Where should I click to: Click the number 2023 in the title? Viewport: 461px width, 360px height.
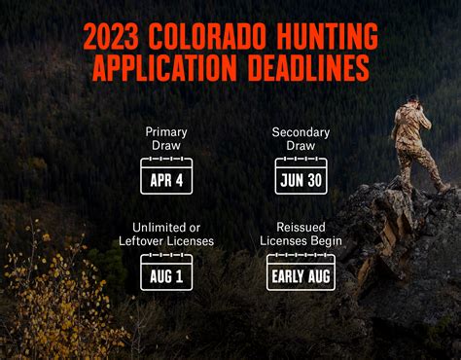click(110, 36)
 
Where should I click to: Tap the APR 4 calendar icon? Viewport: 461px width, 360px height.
click(166, 177)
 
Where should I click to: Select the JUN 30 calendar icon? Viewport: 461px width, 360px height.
click(301, 177)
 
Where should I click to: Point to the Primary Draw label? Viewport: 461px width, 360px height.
click(166, 138)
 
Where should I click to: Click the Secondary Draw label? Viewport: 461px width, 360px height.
click(301, 138)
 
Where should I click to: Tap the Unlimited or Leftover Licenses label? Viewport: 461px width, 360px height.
click(166, 234)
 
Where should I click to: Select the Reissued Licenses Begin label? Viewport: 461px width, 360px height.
click(301, 234)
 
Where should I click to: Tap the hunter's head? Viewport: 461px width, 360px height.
click(413, 99)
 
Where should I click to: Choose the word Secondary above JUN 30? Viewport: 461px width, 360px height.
click(301, 131)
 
